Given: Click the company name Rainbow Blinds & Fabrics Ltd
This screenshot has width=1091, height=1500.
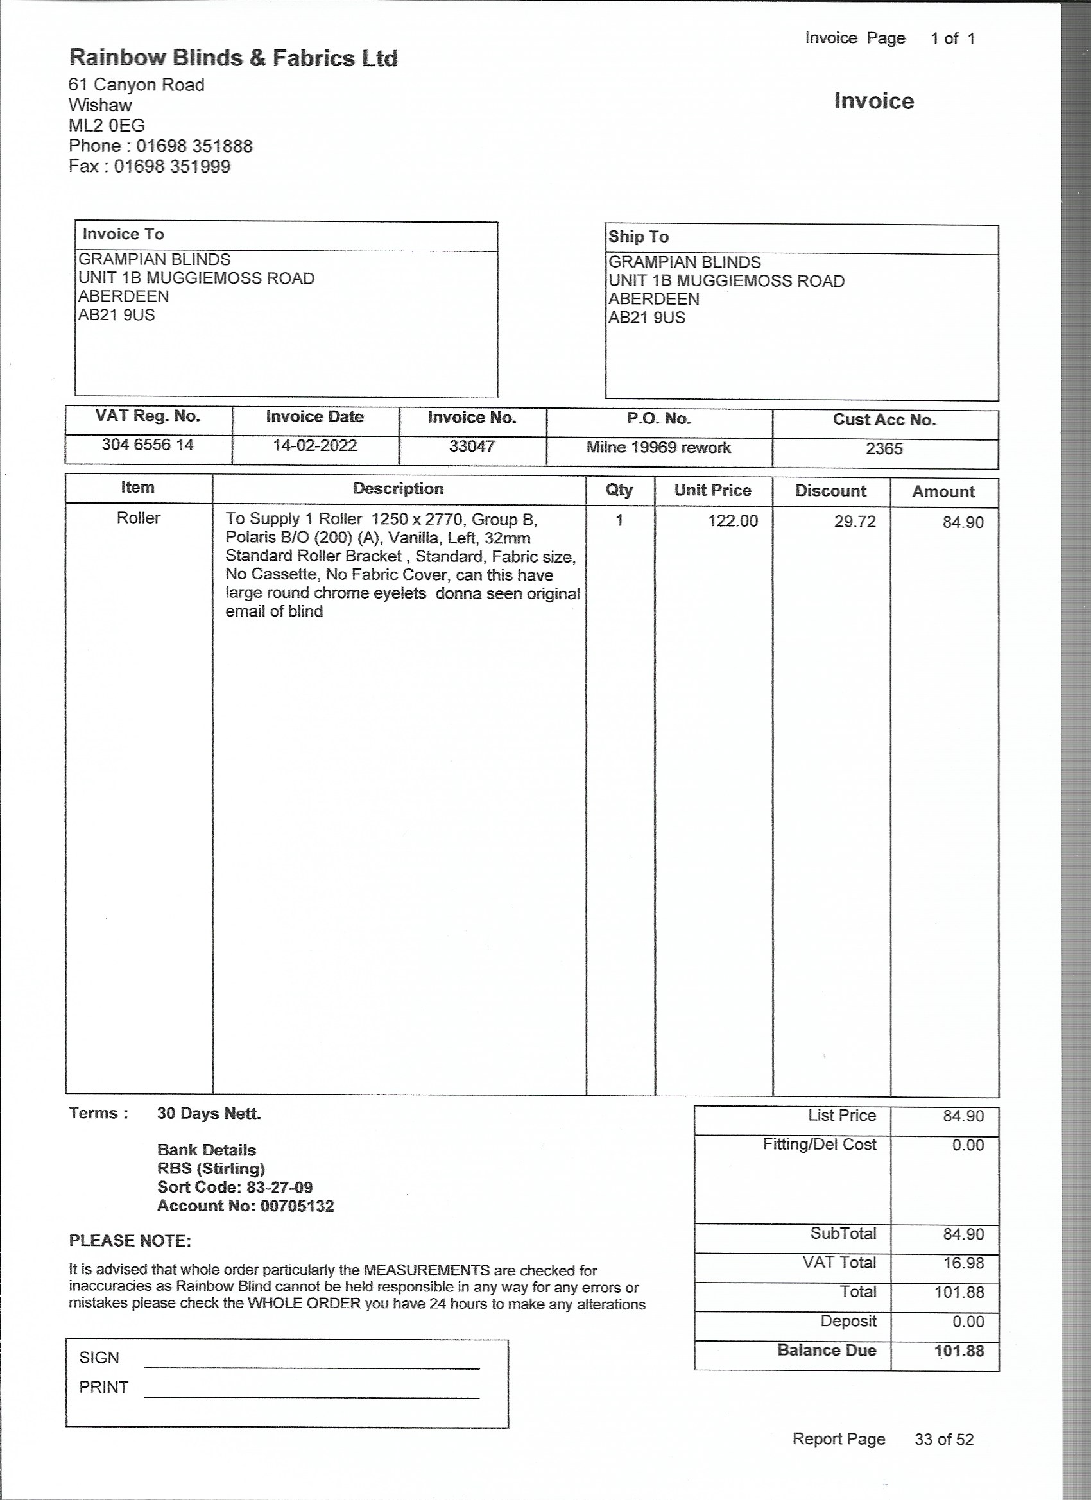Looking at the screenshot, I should click(x=233, y=58).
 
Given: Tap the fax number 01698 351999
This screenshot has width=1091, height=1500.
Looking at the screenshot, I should click(x=172, y=166).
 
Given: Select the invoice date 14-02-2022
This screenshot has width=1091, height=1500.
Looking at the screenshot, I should click(x=315, y=445).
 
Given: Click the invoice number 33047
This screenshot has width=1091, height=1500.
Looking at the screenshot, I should click(x=472, y=446).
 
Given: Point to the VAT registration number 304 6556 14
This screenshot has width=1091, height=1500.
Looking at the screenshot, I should click(x=148, y=445).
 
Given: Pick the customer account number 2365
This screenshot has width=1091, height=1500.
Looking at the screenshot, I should click(x=884, y=448).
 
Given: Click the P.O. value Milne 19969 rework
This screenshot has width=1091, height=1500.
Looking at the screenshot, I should click(x=658, y=447).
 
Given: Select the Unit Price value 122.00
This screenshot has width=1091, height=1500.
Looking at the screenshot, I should click(x=732, y=520).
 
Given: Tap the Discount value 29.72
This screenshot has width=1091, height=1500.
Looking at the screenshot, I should click(x=854, y=521).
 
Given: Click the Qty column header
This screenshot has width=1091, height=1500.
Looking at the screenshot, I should click(x=619, y=490).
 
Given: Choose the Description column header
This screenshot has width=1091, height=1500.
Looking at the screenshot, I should click(x=399, y=489).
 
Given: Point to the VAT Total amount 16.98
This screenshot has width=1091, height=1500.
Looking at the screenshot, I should click(x=963, y=1263).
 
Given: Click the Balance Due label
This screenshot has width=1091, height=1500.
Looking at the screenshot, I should click(x=827, y=1350).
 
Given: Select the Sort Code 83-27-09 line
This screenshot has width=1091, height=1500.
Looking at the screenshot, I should click(x=235, y=1187).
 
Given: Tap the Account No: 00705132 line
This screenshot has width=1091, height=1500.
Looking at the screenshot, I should click(x=245, y=1206).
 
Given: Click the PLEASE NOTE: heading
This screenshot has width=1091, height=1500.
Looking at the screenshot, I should click(x=130, y=1241).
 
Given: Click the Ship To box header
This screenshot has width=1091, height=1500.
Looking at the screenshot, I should click(x=639, y=237).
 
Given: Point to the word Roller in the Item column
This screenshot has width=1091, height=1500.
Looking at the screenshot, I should click(x=138, y=518).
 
